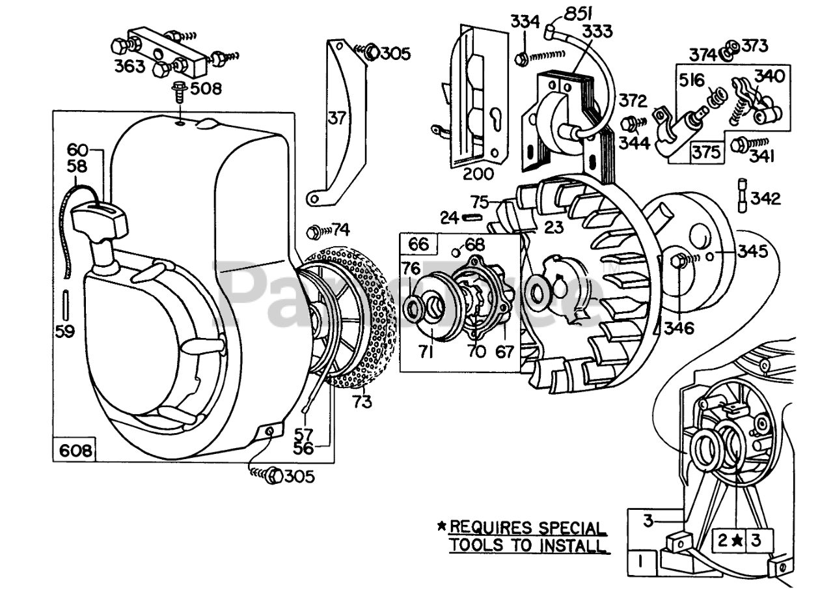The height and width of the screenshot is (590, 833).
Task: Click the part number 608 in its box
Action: [x=75, y=451]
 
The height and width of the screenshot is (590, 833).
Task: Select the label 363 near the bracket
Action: [x=130, y=66]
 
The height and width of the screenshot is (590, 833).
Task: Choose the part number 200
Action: [x=478, y=174]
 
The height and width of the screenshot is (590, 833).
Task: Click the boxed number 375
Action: [x=707, y=152]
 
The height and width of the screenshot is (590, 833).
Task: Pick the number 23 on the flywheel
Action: [x=554, y=227]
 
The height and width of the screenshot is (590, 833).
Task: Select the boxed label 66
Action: [x=418, y=244]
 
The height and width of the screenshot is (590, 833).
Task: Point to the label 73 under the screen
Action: [x=362, y=402]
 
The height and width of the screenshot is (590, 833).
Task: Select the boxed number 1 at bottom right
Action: [x=640, y=562]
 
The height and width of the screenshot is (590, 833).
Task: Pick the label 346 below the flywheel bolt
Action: [x=679, y=328]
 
